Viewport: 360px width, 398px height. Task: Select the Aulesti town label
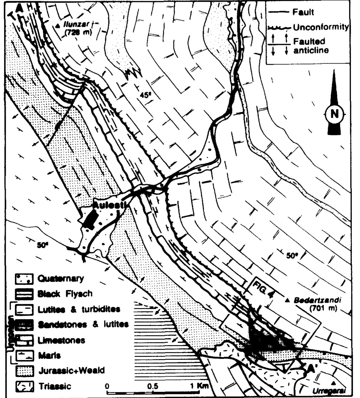[x=109, y=205]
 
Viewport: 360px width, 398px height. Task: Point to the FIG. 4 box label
[x=263, y=289]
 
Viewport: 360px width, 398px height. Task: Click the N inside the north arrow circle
[x=334, y=114]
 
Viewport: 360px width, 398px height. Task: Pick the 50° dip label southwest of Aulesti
[x=43, y=245]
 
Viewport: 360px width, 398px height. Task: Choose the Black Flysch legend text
[x=65, y=294]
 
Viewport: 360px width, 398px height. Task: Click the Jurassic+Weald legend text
[x=71, y=371]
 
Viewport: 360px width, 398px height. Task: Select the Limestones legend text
[x=61, y=340]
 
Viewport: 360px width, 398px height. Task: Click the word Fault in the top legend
[x=303, y=12]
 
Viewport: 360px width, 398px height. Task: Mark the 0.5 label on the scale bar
[x=153, y=386]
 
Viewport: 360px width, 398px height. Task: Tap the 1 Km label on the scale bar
[x=200, y=386]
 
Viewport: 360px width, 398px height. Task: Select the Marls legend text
[x=49, y=355]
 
